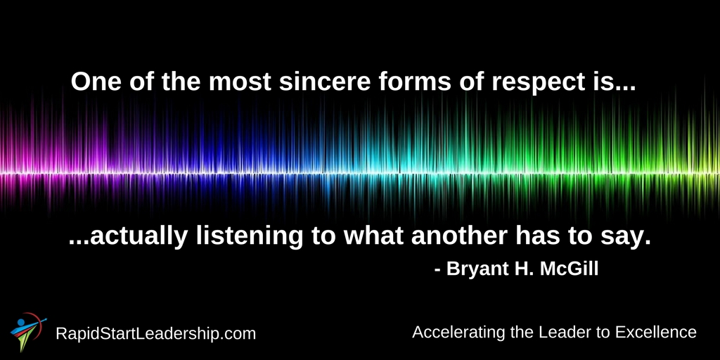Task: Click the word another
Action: (x=459, y=236)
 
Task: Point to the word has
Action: (x=536, y=236)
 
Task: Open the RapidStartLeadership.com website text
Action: (x=155, y=334)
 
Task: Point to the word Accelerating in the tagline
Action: (x=460, y=332)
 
